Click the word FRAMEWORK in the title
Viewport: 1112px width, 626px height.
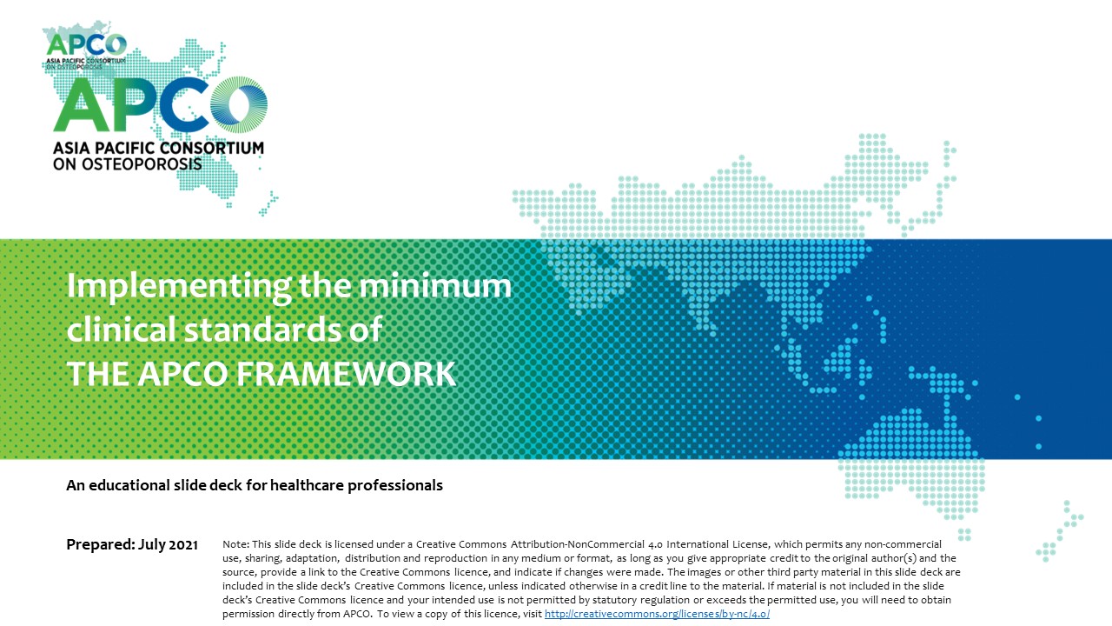point(346,374)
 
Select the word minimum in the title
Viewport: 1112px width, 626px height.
point(435,286)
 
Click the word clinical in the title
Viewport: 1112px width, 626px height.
point(122,329)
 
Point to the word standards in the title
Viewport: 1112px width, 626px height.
point(262,329)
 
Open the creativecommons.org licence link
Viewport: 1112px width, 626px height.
point(657,614)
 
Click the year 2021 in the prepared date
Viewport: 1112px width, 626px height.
point(183,545)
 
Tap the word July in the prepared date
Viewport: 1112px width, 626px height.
point(151,545)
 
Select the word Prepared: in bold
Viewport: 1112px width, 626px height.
point(100,545)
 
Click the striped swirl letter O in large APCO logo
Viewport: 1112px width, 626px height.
point(239,104)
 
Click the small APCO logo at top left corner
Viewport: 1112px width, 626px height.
point(85,50)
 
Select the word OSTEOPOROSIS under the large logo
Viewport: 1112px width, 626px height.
point(142,164)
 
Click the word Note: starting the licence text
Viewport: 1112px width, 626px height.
point(235,544)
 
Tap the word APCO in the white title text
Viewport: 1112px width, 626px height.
point(182,374)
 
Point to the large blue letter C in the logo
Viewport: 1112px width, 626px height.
point(183,104)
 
